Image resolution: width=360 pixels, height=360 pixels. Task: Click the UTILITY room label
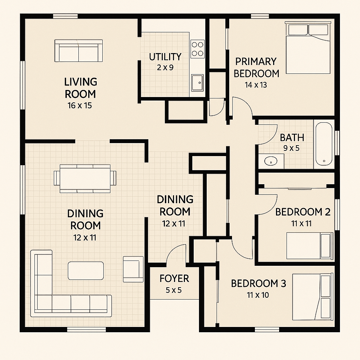point(165,57)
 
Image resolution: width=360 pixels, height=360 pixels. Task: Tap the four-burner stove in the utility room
point(198,49)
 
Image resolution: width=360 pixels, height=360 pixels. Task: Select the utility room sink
point(197,83)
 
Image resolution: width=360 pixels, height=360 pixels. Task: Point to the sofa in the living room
point(78,51)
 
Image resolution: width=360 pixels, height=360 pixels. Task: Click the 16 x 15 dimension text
point(80,105)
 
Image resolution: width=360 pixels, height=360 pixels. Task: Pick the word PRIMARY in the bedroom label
point(256,62)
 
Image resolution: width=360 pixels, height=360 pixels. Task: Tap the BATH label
point(292,137)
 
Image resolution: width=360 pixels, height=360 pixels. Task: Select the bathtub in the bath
point(324,144)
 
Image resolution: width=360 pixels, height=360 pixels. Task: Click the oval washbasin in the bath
point(271,161)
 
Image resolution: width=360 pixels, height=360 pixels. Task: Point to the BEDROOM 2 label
point(303,212)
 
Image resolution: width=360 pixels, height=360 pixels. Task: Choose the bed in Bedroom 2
point(310,246)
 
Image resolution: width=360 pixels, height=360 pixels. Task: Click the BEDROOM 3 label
point(258,284)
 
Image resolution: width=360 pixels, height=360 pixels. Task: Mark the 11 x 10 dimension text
point(258,295)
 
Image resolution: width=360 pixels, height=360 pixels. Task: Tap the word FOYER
point(174,278)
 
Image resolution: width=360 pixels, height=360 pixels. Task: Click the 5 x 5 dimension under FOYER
point(174,290)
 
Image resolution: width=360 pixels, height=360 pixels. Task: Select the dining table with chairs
point(85,178)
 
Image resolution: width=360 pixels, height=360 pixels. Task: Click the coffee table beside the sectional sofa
point(86,271)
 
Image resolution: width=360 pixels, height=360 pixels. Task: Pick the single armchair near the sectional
point(133,269)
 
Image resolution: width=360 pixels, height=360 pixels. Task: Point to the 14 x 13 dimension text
point(256,85)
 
